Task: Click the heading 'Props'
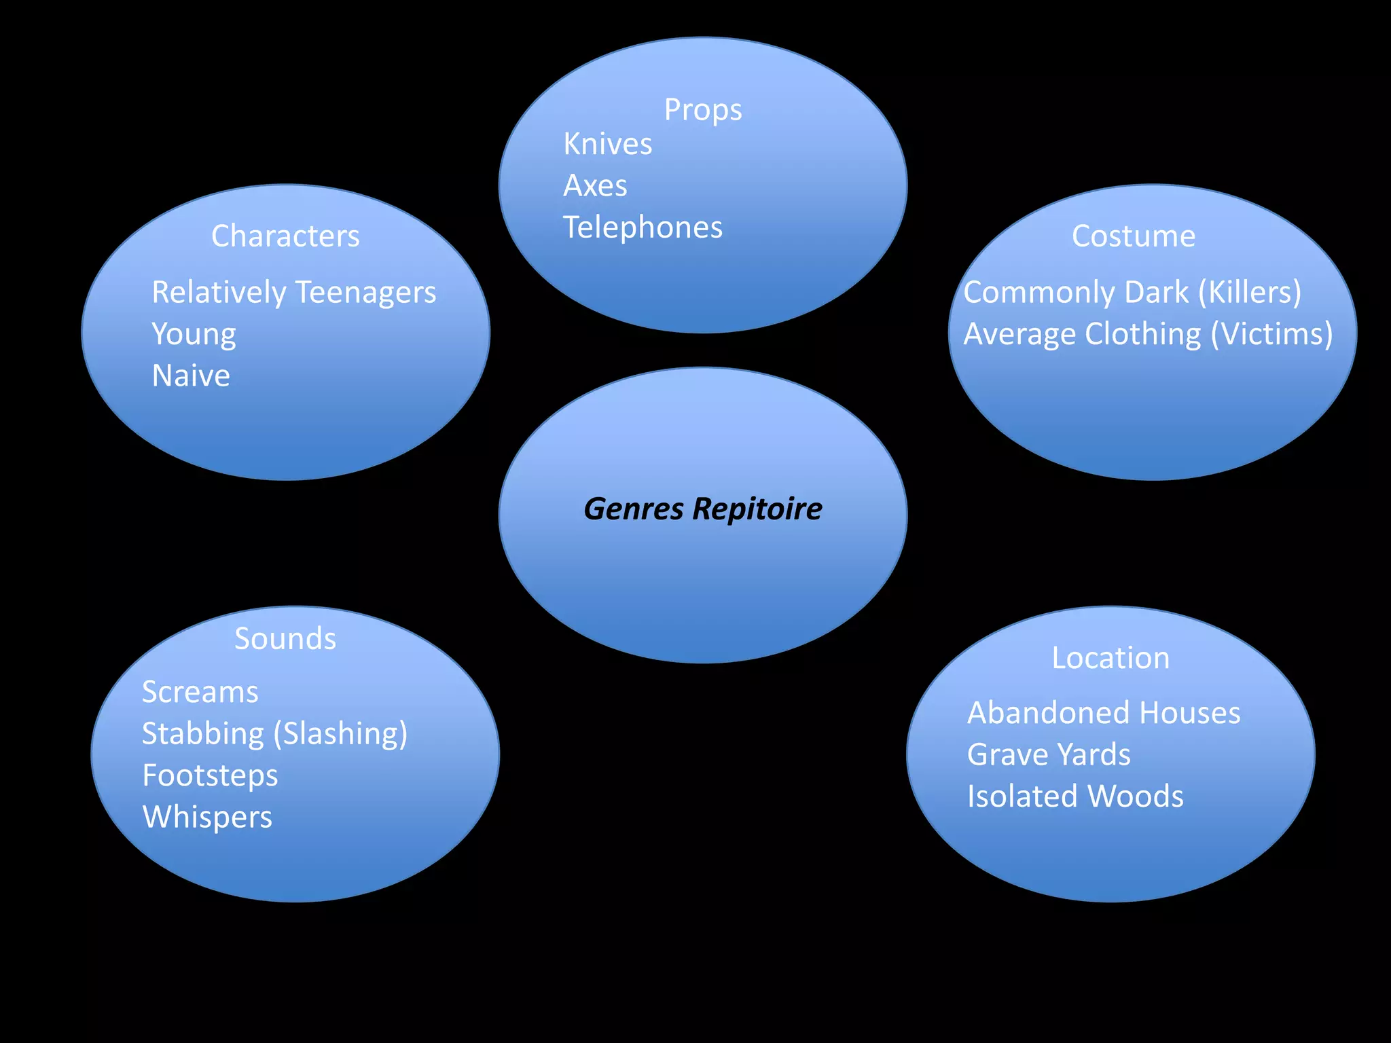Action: click(x=702, y=110)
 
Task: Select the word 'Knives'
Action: click(x=607, y=145)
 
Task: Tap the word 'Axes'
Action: click(x=595, y=186)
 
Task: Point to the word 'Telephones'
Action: click(x=643, y=227)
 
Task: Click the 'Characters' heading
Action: click(x=285, y=236)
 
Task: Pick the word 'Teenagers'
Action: click(x=365, y=293)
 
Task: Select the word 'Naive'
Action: click(x=191, y=376)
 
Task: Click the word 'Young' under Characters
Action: click(x=194, y=335)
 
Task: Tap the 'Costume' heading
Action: click(x=1133, y=236)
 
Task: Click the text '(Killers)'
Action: click(x=1249, y=293)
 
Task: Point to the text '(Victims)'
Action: click(x=1271, y=335)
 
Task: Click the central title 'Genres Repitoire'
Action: click(x=702, y=509)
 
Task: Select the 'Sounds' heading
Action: click(x=285, y=639)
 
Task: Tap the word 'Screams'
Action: click(x=200, y=693)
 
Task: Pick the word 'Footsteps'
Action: click(x=210, y=775)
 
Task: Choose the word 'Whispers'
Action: click(x=207, y=818)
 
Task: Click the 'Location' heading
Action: click(x=1110, y=658)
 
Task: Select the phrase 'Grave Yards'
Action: click(x=1048, y=755)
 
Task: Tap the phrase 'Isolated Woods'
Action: click(x=1074, y=797)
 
